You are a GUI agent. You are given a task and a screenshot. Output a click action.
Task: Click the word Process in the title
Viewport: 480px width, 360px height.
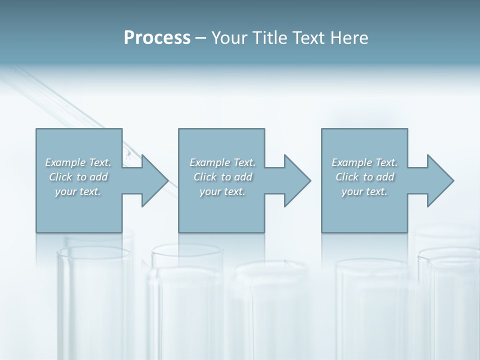click(x=157, y=38)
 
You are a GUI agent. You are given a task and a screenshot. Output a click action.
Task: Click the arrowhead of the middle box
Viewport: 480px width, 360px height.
click(x=296, y=180)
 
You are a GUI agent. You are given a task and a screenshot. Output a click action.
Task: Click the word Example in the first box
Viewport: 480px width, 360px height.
click(x=65, y=162)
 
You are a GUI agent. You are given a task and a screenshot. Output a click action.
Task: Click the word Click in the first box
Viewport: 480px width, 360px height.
click(x=60, y=177)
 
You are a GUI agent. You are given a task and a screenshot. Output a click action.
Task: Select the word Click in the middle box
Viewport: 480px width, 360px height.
click(x=204, y=177)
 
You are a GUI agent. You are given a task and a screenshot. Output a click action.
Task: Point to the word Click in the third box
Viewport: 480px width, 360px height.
click(x=346, y=177)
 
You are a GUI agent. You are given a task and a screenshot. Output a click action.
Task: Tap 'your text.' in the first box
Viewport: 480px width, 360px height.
click(x=78, y=191)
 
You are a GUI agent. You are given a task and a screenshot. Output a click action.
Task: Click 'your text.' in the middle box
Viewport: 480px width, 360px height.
click(x=222, y=191)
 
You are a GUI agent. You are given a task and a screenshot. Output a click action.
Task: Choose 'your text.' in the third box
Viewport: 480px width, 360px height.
click(x=364, y=191)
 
